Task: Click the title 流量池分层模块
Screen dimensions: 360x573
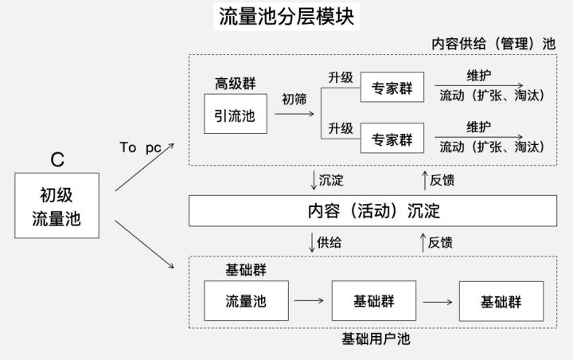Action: [x=286, y=15]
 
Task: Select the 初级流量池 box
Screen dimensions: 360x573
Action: [x=57, y=205]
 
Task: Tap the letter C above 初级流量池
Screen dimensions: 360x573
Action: [x=57, y=159]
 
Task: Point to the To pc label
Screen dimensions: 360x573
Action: [x=140, y=147]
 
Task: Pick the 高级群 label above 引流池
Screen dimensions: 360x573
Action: [x=235, y=84]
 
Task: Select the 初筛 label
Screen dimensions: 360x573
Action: [x=294, y=100]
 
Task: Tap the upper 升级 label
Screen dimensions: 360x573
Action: [x=340, y=77]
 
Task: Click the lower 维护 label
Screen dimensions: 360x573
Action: [x=478, y=127]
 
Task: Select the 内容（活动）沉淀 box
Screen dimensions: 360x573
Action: [x=372, y=211]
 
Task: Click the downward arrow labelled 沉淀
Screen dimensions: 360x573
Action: [x=314, y=180]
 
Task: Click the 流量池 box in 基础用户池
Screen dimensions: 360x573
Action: [x=245, y=301]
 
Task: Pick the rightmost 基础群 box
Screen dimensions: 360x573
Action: [x=501, y=301]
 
